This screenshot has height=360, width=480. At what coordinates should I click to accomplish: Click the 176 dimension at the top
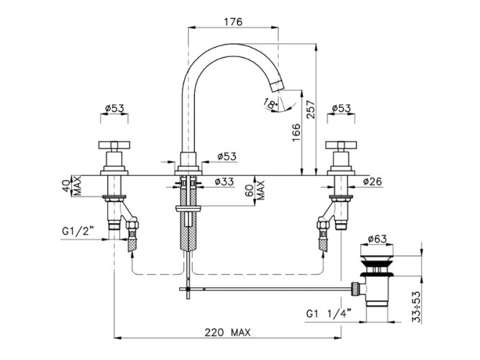231,21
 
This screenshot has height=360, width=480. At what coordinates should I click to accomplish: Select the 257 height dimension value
310,109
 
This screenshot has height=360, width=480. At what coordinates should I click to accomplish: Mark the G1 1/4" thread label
327,313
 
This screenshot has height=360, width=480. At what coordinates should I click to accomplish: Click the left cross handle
113,148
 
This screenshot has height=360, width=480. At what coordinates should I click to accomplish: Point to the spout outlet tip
283,89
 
